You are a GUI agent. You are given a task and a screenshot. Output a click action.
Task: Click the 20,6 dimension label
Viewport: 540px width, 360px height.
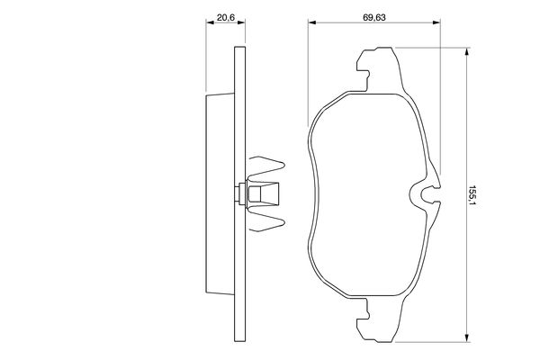point(226,17)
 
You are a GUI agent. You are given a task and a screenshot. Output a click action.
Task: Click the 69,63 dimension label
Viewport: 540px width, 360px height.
point(374,17)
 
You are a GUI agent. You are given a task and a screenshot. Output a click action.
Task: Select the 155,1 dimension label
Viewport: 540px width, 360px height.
point(472,196)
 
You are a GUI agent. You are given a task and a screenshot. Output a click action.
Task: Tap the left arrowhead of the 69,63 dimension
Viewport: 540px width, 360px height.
point(312,22)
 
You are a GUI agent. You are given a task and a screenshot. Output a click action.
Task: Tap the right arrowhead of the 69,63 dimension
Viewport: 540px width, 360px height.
point(436,22)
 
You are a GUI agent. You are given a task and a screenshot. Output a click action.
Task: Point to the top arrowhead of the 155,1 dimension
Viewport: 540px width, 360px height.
point(466,51)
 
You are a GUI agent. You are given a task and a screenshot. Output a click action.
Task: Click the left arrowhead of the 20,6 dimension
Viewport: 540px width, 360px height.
point(210,22)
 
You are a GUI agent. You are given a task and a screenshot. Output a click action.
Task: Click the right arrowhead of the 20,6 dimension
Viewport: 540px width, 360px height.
point(241,22)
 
